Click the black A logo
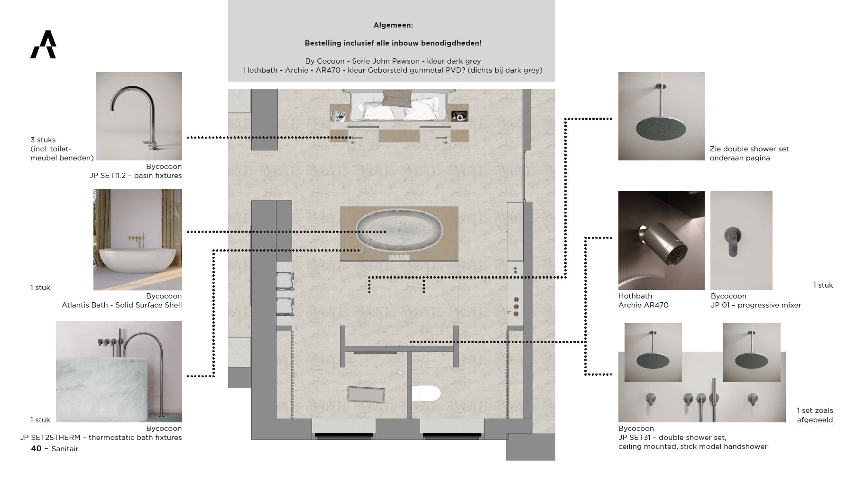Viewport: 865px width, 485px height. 44,45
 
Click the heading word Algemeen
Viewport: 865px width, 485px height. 393,25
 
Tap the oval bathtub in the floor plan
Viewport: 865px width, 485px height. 399,231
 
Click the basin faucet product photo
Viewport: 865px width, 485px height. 139,116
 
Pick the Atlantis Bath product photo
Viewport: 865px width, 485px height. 138,240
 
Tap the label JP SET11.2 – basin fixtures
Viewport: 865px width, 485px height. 136,176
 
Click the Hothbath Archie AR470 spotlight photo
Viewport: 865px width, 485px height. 662,241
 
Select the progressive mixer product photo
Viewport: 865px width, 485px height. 741,241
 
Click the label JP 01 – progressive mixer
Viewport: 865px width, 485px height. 756,305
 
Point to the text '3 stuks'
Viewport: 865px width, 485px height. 43,140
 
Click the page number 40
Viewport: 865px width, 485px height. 36,448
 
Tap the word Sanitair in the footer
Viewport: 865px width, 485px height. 65,449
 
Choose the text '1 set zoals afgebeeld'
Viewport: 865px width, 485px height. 815,415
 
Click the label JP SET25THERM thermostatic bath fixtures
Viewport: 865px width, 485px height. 101,438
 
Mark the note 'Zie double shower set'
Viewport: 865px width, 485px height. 749,149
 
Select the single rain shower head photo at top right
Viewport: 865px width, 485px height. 662,116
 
